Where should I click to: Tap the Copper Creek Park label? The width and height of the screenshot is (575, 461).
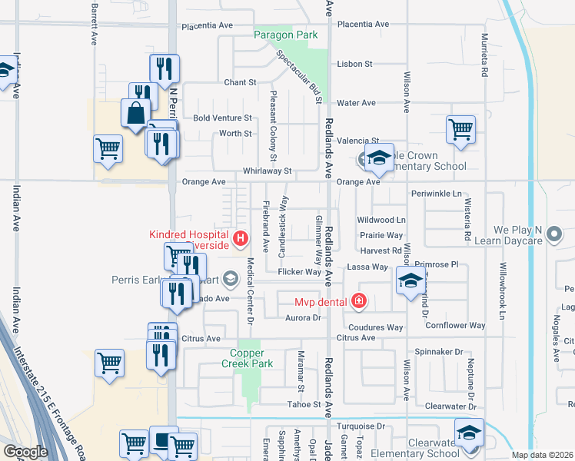pos(247,358)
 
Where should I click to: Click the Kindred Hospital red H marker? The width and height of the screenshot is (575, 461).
pos(241,239)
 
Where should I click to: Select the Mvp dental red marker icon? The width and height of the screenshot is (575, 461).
pos(358,300)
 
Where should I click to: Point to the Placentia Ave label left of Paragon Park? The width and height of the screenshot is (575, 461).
pos(207,25)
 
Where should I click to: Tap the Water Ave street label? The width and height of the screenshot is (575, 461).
pos(356,103)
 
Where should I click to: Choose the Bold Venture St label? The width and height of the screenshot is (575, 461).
pos(222,118)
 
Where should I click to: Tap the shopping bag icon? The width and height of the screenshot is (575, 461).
pos(135,113)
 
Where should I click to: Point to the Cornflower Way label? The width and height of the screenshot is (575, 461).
pos(456,326)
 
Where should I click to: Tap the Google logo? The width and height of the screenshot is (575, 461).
pos(25,451)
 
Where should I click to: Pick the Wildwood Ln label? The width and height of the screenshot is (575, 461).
pos(381,221)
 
